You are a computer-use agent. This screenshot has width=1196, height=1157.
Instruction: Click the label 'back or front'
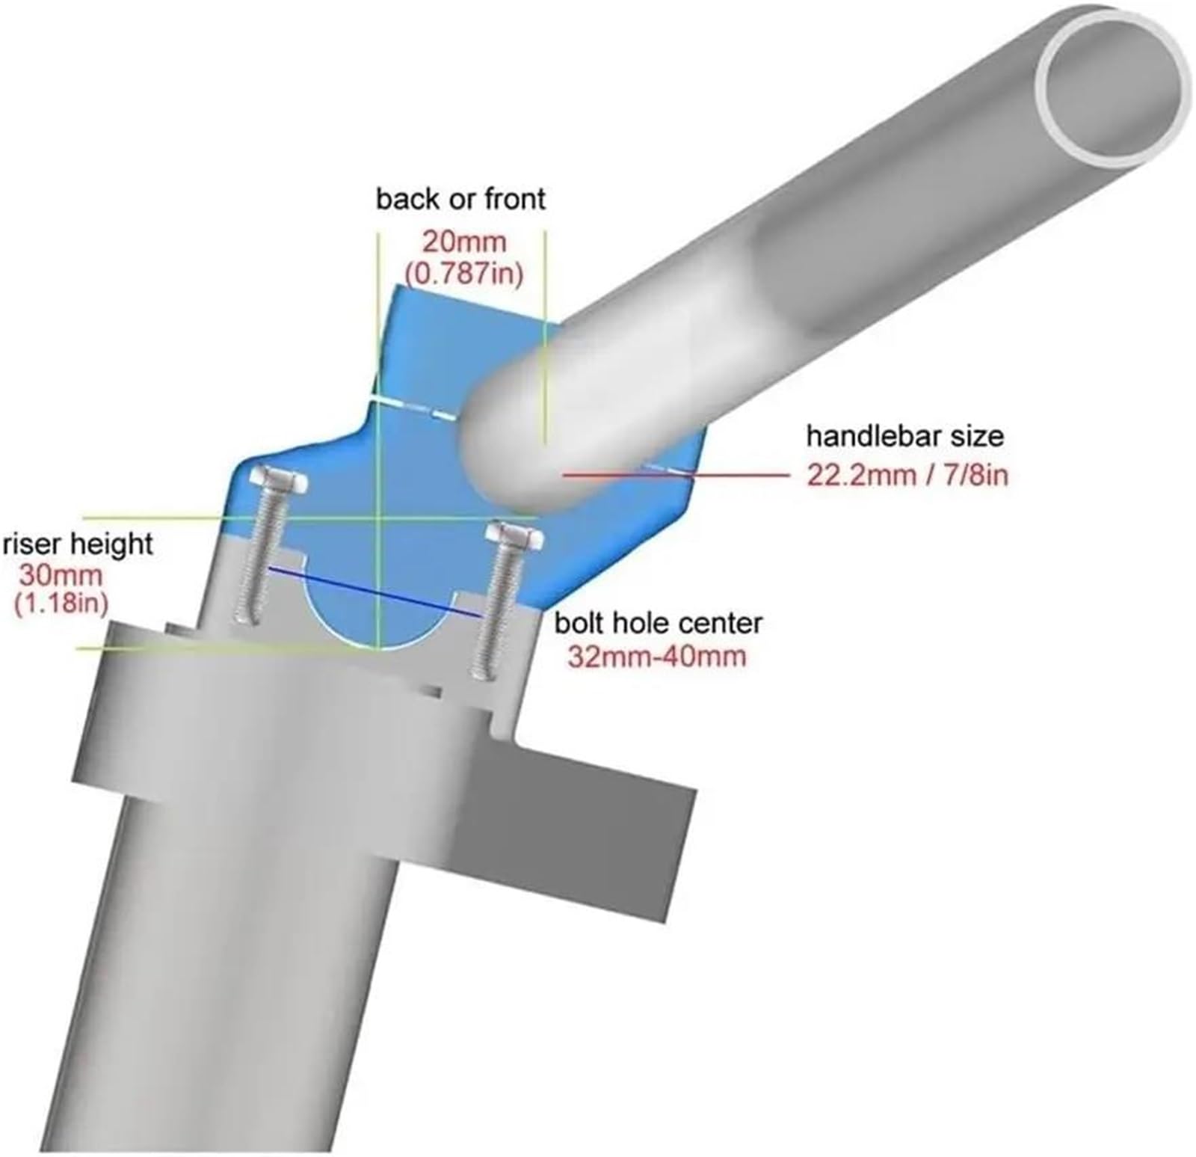coord(460,200)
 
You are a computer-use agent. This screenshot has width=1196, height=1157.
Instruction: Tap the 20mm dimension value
coord(464,242)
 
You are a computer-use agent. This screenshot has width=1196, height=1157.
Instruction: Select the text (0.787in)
coord(463,274)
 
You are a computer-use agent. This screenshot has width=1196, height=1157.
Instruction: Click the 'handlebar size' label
coord(904,435)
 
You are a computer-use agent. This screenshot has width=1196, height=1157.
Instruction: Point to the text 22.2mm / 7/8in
coord(907,475)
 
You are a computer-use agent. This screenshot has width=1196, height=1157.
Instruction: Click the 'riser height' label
coord(78,544)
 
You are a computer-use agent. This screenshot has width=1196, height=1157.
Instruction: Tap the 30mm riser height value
coord(61,576)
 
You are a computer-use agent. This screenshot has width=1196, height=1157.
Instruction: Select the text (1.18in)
coord(61,603)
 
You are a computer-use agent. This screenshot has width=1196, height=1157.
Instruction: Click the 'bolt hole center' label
coord(658,623)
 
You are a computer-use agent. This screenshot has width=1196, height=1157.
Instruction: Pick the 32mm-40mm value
coord(657,657)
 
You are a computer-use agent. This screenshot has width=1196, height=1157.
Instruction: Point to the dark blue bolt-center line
coord(374,592)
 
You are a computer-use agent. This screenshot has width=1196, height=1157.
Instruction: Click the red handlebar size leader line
coord(676,474)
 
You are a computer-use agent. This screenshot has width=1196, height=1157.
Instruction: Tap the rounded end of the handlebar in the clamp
coord(508,449)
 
